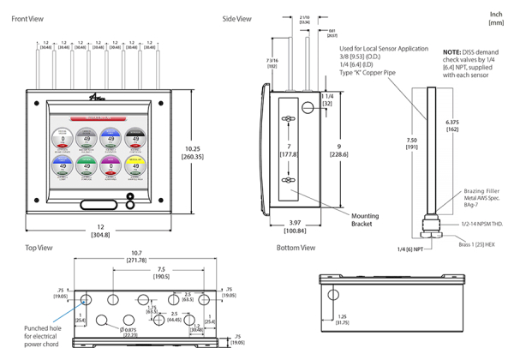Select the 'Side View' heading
pos(236,18)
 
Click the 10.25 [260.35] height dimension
pos(194,153)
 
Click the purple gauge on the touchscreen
pos(110,165)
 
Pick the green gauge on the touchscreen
pos(85,165)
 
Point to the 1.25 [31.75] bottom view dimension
pos(342,319)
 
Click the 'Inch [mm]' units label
pos(495,19)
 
